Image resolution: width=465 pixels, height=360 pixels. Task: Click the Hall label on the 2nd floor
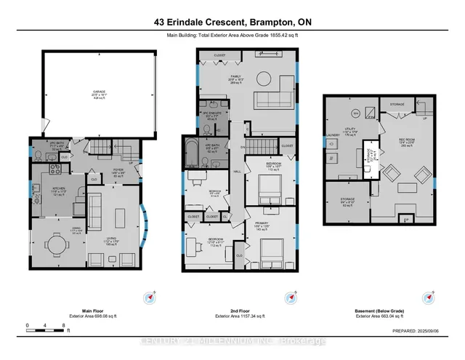(x=237, y=172)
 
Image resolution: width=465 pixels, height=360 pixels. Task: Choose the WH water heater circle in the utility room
(x=355, y=114)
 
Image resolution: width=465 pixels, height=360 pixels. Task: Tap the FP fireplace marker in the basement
(x=406, y=218)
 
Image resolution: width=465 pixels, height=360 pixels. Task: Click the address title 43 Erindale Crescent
(x=232, y=23)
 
